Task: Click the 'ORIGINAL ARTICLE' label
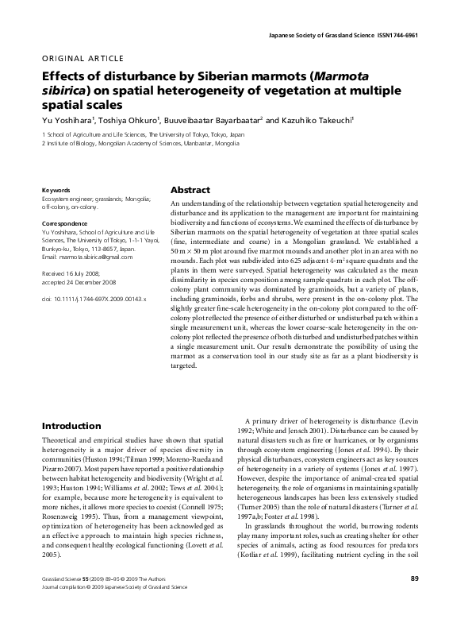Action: pyautogui.click(x=82, y=58)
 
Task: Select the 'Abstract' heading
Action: pyautogui.click(x=190, y=191)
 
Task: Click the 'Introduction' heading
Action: pyautogui.click(x=71, y=426)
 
